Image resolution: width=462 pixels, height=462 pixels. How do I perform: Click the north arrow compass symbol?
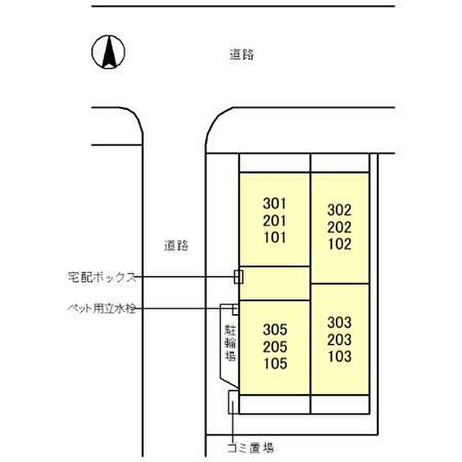[108, 52]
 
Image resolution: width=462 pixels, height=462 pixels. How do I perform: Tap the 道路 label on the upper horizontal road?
[242, 55]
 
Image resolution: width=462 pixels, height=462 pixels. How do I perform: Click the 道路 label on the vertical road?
[176, 246]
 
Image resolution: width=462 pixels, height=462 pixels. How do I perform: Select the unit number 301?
[275, 203]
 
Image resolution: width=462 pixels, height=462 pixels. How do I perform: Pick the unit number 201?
[275, 220]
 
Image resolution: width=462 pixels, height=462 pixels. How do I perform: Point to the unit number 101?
[275, 238]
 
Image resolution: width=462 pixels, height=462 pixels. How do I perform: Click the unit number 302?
[339, 211]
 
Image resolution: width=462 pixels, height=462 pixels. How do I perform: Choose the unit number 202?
[339, 228]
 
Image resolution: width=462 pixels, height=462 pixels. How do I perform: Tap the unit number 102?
[339, 244]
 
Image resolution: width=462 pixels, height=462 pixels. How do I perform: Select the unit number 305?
[275, 330]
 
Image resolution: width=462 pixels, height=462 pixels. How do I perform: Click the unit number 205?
[275, 346]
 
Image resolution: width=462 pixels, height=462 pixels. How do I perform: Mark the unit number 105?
[275, 364]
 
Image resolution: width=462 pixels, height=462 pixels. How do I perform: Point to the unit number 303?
[339, 323]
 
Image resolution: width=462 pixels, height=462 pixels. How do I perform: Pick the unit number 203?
[339, 340]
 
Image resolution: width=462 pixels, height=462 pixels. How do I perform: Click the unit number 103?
[339, 356]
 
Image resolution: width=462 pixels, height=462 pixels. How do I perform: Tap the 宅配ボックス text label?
[102, 277]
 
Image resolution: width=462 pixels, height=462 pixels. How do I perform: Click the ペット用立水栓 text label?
[102, 309]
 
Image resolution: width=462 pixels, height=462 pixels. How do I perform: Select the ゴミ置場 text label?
[251, 448]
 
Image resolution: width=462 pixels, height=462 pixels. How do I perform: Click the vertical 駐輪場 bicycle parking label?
[230, 343]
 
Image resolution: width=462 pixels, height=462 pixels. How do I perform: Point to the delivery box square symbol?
[238, 277]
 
